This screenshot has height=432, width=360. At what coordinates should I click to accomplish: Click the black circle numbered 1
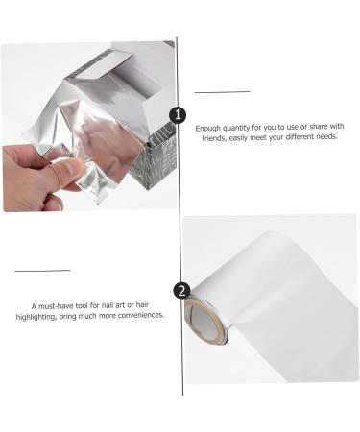[x=177, y=115]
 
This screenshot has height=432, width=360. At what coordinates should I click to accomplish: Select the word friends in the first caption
[x=210, y=136]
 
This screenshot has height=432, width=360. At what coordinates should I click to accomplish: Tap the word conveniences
[x=141, y=315]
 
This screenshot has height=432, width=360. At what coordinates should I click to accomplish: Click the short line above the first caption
[x=222, y=91]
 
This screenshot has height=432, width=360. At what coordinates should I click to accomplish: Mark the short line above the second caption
[x=43, y=270]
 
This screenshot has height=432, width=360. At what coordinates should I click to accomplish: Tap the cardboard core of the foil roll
[x=205, y=318]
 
